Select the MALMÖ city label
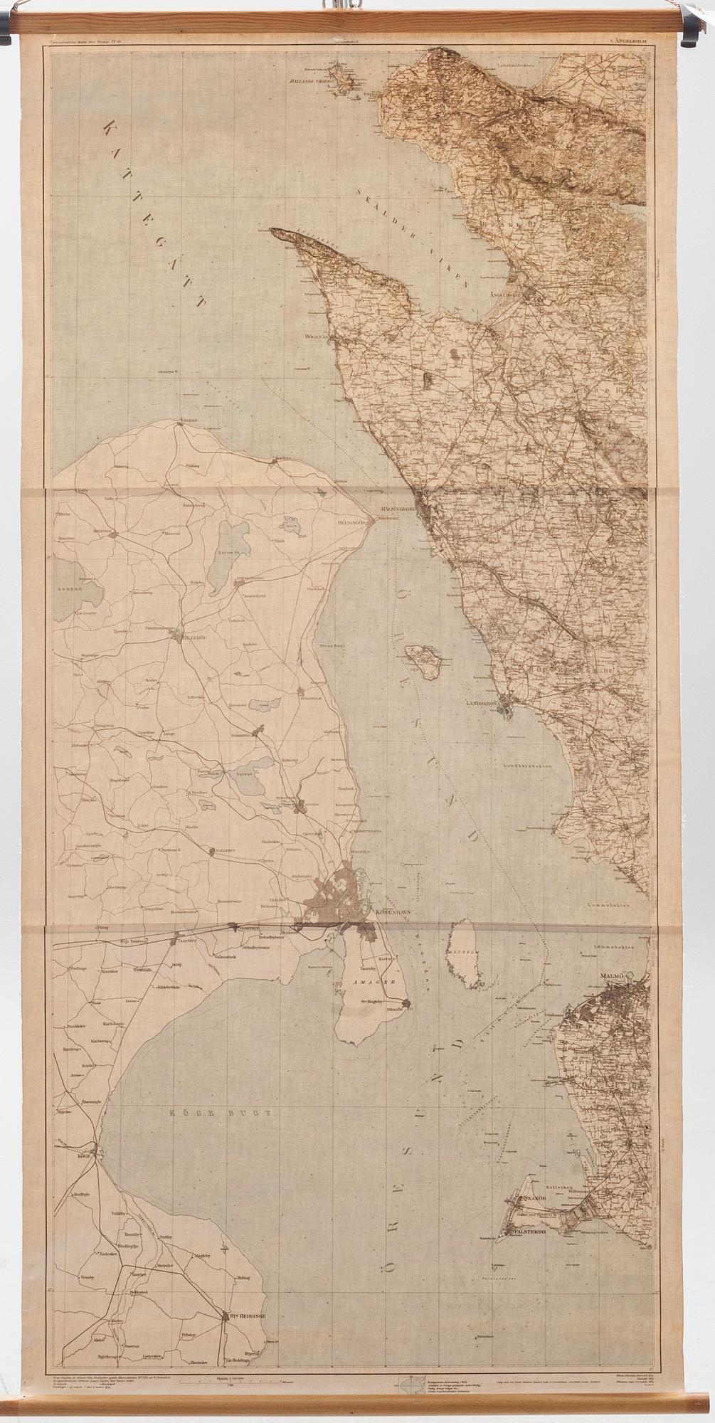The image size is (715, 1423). (x=610, y=973)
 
